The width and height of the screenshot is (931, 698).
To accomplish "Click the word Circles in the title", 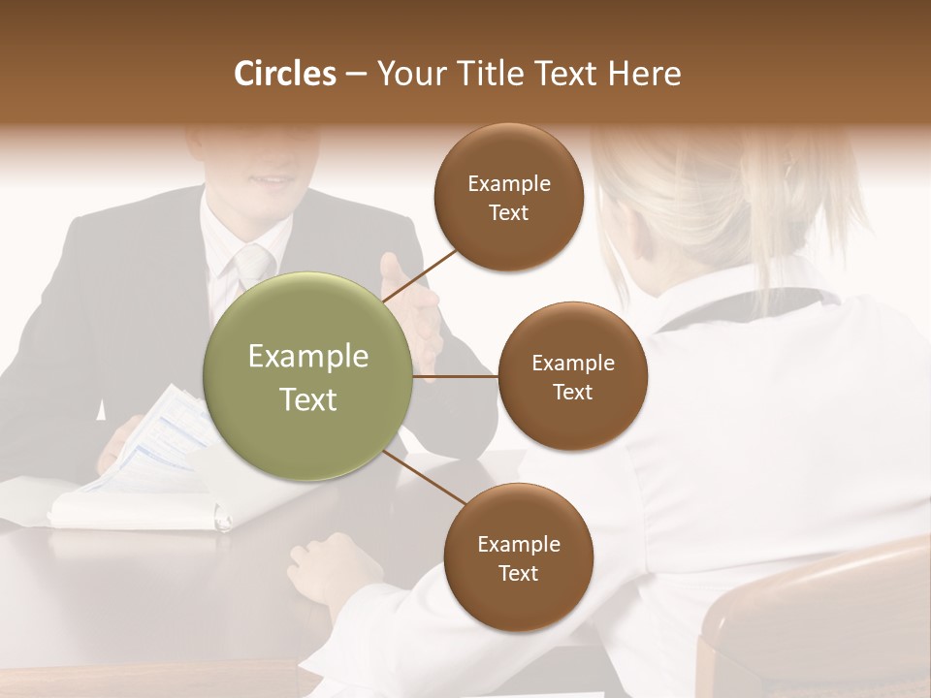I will point(285,74).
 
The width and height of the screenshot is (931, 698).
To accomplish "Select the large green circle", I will point(308,376).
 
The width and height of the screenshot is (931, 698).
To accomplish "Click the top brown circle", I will point(508,198).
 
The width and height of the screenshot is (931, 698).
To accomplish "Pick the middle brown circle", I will point(572,376).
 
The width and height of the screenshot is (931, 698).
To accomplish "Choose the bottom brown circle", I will point(518,557).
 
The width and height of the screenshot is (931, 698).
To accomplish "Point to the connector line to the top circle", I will point(424,273).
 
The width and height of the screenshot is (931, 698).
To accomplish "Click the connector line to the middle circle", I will point(456,376).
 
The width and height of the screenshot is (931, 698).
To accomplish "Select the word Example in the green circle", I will point(308,357).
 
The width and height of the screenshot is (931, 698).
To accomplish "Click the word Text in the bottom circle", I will point(518,573).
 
